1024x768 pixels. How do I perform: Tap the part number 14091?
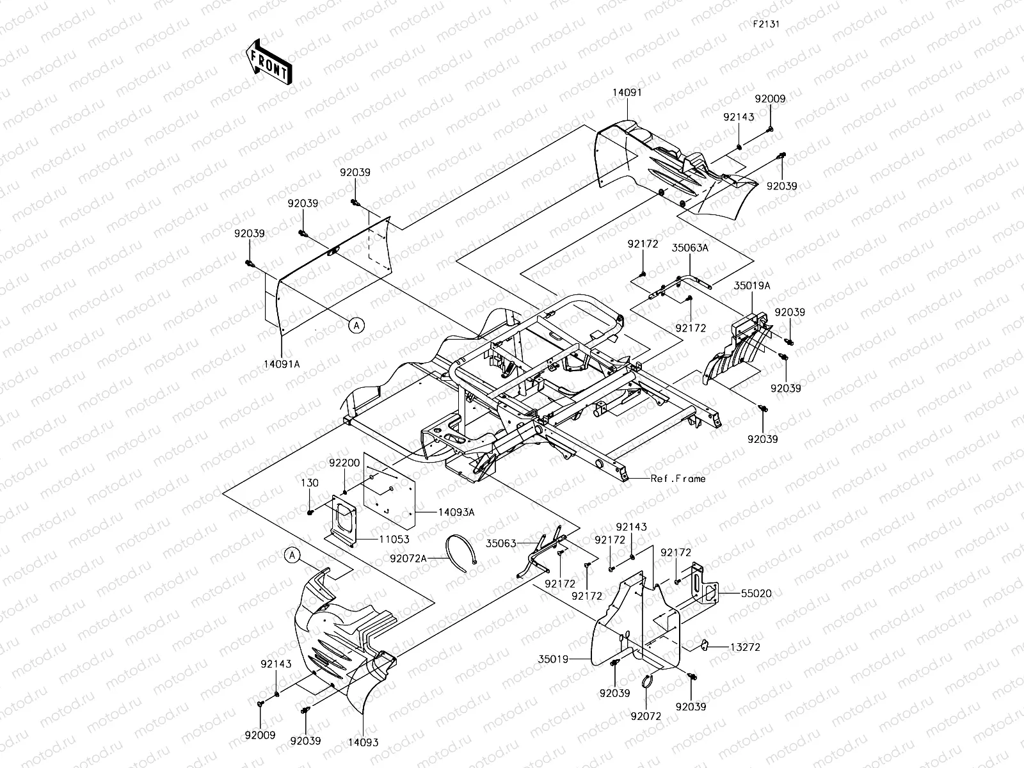click(627, 92)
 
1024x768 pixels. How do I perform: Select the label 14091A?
click(282, 364)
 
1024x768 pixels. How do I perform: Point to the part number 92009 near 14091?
click(770, 99)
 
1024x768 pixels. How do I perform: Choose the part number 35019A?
click(751, 286)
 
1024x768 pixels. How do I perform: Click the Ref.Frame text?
click(678, 478)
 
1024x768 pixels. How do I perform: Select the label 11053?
click(396, 540)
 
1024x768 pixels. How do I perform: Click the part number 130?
click(310, 483)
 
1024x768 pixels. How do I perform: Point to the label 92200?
click(345, 462)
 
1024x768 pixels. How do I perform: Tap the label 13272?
click(745, 647)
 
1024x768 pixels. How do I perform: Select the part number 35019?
click(553, 657)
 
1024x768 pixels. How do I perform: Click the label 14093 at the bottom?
click(363, 742)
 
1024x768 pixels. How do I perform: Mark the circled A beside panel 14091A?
click(357, 325)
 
